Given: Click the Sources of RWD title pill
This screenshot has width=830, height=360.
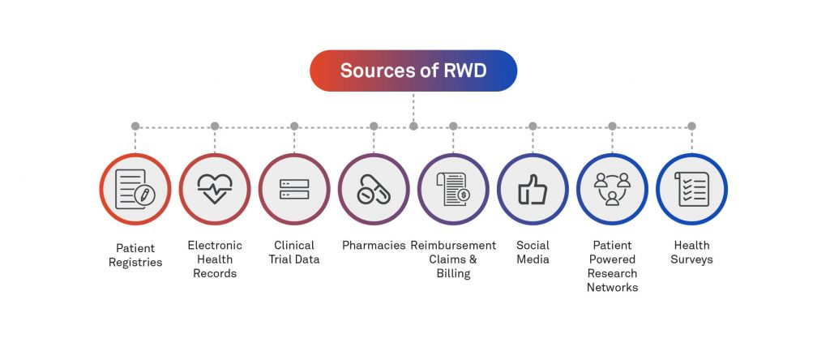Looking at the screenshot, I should coord(413,71).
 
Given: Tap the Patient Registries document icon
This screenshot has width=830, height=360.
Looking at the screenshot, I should coord(135,189).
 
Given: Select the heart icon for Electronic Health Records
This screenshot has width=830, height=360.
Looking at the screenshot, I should coord(215,189).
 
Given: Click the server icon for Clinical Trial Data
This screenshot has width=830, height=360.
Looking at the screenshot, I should coord(294,189).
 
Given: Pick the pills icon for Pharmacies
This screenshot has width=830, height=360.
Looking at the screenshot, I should coord(374,189).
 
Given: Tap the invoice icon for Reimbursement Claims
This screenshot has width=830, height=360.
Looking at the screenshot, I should coord(453,189).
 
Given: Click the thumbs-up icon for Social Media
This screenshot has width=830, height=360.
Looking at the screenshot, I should coord(533,189).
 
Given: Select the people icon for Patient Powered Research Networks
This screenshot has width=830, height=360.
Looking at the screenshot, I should coord(612,189).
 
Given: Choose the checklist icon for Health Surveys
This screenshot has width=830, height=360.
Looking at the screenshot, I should coord(691,189).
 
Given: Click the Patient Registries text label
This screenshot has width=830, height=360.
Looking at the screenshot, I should coord(135,255).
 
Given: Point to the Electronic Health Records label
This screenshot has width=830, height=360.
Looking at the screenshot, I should coord(215,259).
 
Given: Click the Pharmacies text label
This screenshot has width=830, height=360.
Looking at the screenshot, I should coord(374,245).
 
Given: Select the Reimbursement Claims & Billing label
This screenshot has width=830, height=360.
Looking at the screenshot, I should coord(453,259).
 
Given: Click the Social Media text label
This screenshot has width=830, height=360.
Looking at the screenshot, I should coord(533,252).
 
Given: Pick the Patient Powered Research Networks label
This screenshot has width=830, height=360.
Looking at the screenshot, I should coord(612,266).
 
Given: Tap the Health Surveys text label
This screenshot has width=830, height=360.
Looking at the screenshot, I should coord(691,252).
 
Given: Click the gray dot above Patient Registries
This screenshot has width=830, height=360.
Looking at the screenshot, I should coord(135,126).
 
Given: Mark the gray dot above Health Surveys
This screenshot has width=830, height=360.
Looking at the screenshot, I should coord(691,126).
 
